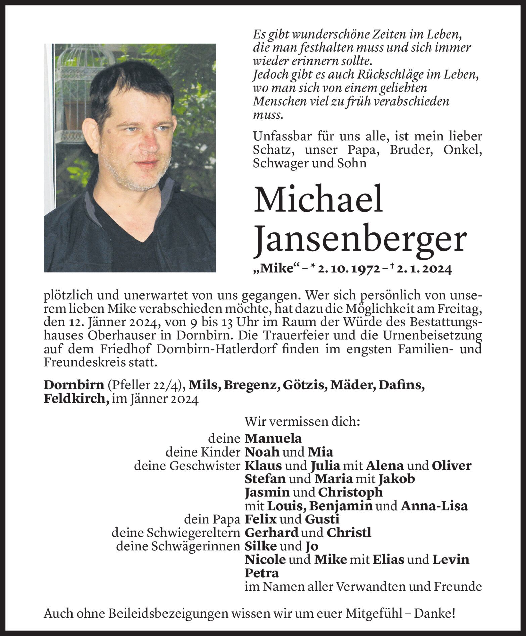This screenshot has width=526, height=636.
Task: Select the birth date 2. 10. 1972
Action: click(x=348, y=269)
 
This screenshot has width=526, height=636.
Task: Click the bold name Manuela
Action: click(x=273, y=438)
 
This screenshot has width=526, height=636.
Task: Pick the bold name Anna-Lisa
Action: click(x=434, y=506)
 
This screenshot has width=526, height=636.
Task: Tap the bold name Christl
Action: click(x=349, y=533)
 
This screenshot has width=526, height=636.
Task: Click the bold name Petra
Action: click(x=262, y=573)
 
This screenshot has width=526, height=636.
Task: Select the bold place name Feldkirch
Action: click(x=76, y=399)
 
